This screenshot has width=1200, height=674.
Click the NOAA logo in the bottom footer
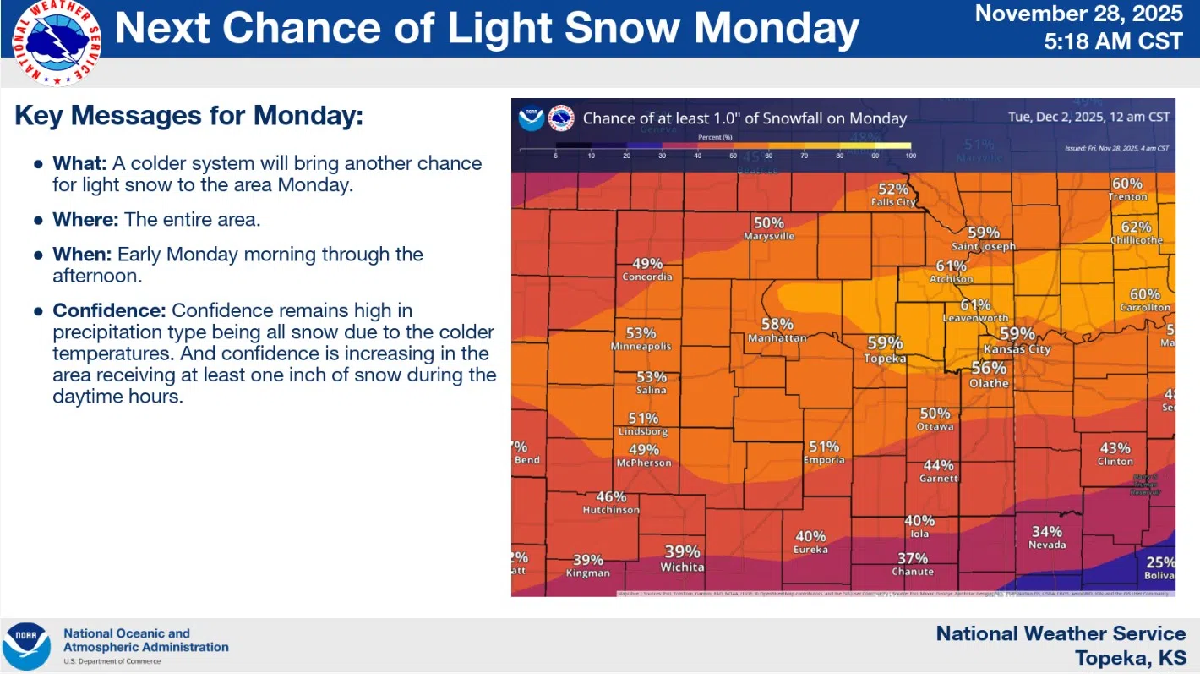click(x=26, y=646)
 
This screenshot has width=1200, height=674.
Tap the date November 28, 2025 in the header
click(x=1079, y=14)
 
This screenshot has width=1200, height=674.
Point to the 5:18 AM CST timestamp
click(x=1113, y=41)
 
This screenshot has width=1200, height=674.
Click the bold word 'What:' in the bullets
click(x=79, y=163)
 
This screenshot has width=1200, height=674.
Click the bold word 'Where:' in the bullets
click(x=85, y=220)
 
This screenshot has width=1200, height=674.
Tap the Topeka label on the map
click(x=885, y=359)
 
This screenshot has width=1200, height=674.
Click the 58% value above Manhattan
click(x=777, y=324)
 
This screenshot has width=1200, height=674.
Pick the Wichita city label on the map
click(x=682, y=567)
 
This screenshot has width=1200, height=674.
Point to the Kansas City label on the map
click(x=1017, y=349)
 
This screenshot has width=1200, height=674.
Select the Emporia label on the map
click(x=824, y=460)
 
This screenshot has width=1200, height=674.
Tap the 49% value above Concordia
click(x=647, y=263)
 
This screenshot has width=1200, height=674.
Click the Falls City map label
click(x=893, y=203)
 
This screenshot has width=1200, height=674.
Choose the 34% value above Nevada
click(x=1046, y=532)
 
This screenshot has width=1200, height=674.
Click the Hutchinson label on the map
click(x=611, y=510)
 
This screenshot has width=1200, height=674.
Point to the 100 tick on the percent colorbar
click(x=909, y=156)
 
